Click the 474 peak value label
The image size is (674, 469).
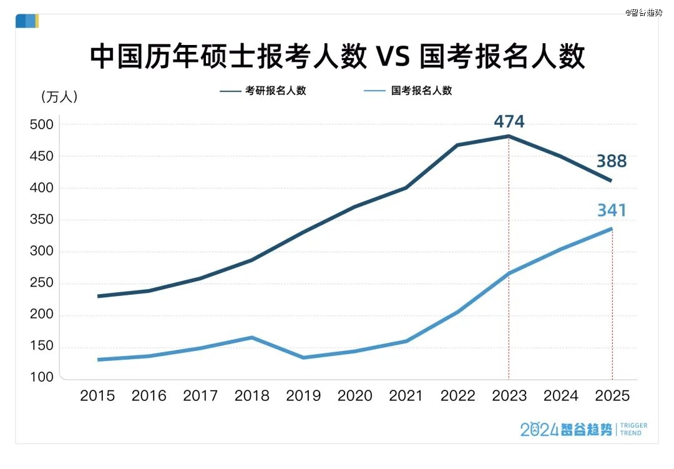point(509,121)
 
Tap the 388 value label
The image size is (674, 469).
point(611,161)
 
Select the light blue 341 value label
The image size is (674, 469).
point(611,210)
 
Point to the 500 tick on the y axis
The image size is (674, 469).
point(42,125)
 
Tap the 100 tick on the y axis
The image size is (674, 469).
point(42,378)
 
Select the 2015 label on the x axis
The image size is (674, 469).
point(97,396)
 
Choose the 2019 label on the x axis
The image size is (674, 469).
point(303,396)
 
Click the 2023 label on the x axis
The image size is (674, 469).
point(509,396)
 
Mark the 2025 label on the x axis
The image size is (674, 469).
point(612,396)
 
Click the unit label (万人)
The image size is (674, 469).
point(59,97)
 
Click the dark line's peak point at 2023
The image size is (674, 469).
point(509,136)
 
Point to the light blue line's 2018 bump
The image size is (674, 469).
point(252,338)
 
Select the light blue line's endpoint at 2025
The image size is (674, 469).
point(612,229)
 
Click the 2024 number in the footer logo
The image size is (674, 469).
point(539,429)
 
